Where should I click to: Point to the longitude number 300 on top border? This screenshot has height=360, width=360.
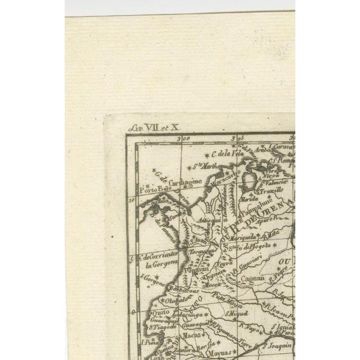tap(181, 138)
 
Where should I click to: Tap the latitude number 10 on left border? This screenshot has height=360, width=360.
tap(132, 199)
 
